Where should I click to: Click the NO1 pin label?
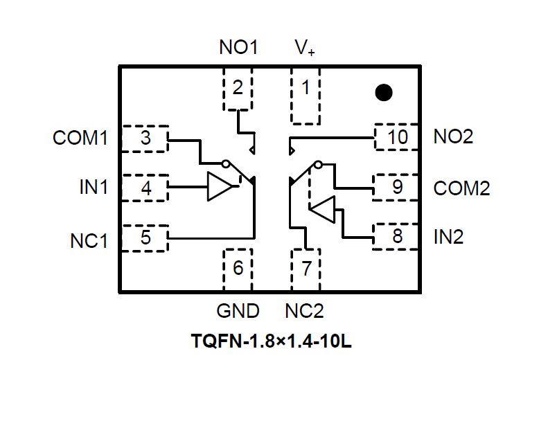point(238,48)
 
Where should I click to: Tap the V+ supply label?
point(305,48)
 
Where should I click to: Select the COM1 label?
point(80,138)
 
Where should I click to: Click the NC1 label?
point(89,241)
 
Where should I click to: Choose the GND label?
point(238,311)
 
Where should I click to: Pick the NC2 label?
point(304,311)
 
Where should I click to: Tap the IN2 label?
point(448,237)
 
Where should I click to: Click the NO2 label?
point(453,136)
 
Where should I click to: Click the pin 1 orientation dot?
point(383,92)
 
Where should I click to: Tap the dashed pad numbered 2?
point(238,89)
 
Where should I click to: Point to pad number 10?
point(397,137)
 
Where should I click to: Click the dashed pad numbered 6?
point(238,269)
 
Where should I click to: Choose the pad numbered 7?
point(306,269)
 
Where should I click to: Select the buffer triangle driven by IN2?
point(323,208)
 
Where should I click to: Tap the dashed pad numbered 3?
point(145,138)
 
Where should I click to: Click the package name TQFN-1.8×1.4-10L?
point(271,342)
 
